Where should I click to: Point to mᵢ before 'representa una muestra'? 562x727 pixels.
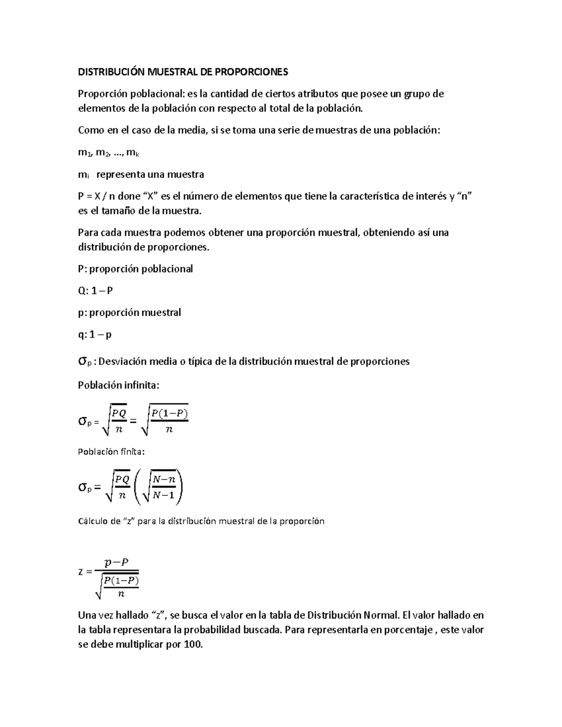83,175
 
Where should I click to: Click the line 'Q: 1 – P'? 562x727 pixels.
95,291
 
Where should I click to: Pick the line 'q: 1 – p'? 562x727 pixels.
95,335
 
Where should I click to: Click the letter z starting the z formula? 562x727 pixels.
81,571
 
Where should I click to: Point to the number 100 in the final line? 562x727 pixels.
193,644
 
